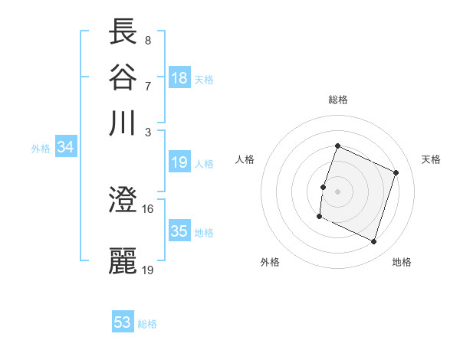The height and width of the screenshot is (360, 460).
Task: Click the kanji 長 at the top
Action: [123, 31]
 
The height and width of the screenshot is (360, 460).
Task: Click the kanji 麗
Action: [123, 261]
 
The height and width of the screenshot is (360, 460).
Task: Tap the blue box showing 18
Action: [179, 77]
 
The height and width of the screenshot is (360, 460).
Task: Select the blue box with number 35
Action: [179, 231]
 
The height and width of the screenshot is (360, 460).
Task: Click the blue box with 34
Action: [65, 148]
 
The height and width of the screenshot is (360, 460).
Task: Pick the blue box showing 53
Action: [123, 322]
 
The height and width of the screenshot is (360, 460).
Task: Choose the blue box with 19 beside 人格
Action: [179, 162]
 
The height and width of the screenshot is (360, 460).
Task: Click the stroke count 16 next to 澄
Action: [147, 208]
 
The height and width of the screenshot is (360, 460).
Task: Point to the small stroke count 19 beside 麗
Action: [147, 269]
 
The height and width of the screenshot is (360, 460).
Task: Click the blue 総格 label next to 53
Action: [147, 324]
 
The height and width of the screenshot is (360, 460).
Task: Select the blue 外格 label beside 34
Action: [41, 149]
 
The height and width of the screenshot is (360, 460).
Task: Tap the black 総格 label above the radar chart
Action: [338, 100]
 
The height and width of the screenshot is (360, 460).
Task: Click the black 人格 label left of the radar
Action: [245, 159]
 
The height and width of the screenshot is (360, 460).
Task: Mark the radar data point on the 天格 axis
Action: [396, 173]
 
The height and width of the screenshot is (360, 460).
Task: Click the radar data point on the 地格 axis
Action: [374, 242]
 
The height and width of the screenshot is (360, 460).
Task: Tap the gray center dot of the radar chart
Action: [338, 191]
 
